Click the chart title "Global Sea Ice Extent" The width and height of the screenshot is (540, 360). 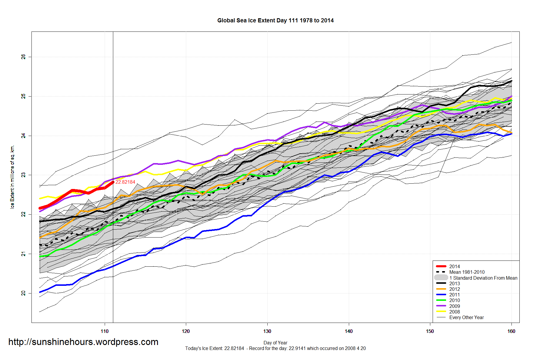[x=275, y=21]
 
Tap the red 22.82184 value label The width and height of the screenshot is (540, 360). [x=125, y=182]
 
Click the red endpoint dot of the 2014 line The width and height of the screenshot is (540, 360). [x=113, y=182]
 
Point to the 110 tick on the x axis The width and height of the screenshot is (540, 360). [x=104, y=331]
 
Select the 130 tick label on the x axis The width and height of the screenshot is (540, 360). [x=267, y=331]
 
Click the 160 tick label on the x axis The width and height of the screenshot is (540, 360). [x=511, y=331]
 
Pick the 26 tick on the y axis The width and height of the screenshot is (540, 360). [x=24, y=57]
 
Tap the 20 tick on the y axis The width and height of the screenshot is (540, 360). [x=24, y=293]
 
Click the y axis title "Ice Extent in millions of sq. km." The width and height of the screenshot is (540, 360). [x=12, y=177]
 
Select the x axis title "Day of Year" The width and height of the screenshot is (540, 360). [x=275, y=343]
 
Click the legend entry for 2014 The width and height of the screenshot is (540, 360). [x=454, y=266]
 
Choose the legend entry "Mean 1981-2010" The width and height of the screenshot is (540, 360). [x=467, y=272]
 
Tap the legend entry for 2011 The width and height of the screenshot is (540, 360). [x=454, y=295]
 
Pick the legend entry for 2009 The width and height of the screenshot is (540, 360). [x=454, y=306]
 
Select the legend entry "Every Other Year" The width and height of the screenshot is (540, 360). [x=466, y=317]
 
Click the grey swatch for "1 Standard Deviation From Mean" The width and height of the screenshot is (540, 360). [x=441, y=278]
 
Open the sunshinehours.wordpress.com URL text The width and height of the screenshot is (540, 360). [x=83, y=342]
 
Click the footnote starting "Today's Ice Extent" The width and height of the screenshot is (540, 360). [x=275, y=349]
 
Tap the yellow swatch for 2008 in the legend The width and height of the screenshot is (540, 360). [x=441, y=311]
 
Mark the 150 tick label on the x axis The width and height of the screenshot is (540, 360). [x=430, y=331]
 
